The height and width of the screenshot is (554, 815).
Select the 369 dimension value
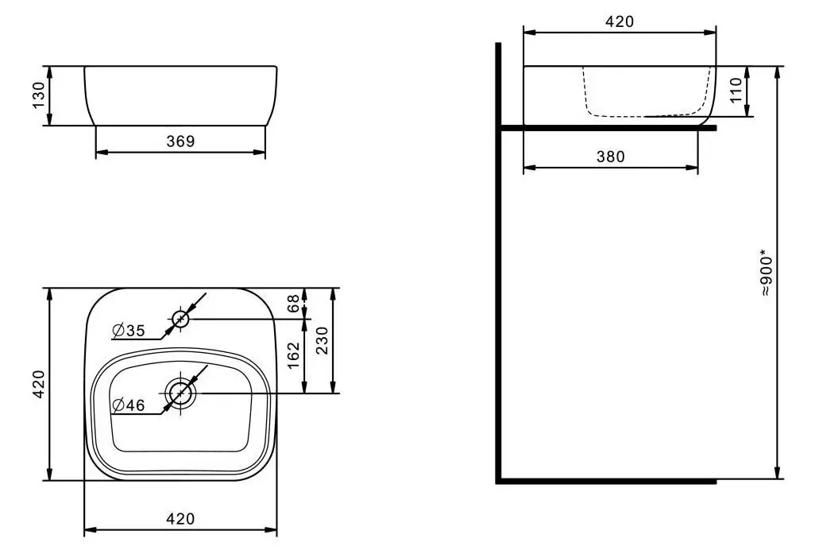tap(180, 141)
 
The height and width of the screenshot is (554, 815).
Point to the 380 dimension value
tap(610, 157)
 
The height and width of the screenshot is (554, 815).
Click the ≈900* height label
tap(765, 275)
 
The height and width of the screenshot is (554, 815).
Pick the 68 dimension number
tap(293, 303)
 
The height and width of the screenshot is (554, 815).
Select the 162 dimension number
tap(293, 355)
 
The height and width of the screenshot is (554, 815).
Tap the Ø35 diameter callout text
tap(129, 331)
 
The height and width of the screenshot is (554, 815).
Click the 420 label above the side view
tap(620, 21)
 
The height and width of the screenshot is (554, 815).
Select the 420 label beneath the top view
tap(180, 519)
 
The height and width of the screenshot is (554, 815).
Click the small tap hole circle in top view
tap(180, 320)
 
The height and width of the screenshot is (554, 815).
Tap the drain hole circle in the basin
tap(181, 393)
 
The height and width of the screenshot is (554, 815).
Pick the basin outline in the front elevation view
tap(180, 95)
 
